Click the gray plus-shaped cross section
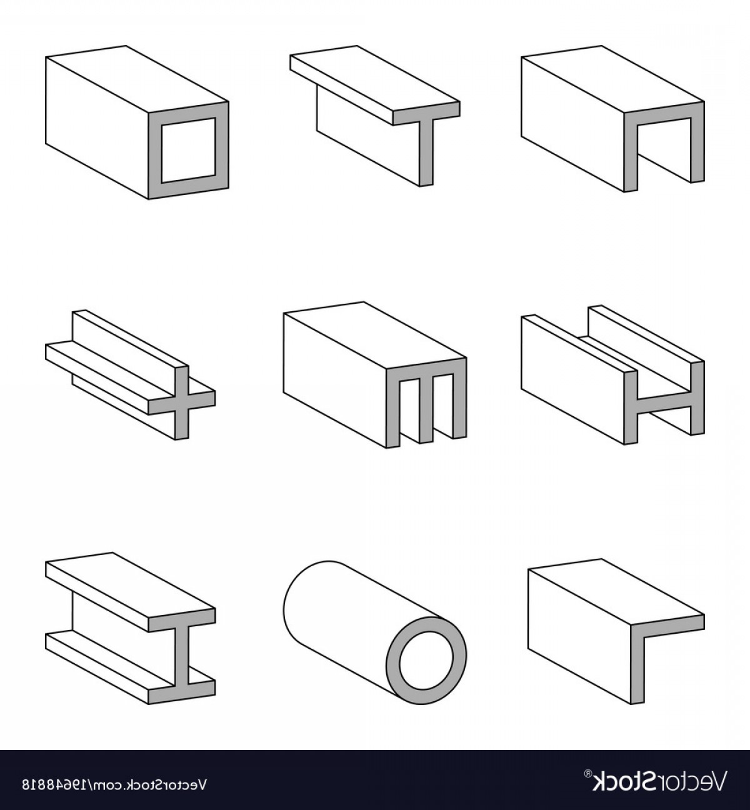182,401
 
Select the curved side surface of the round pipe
350,619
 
